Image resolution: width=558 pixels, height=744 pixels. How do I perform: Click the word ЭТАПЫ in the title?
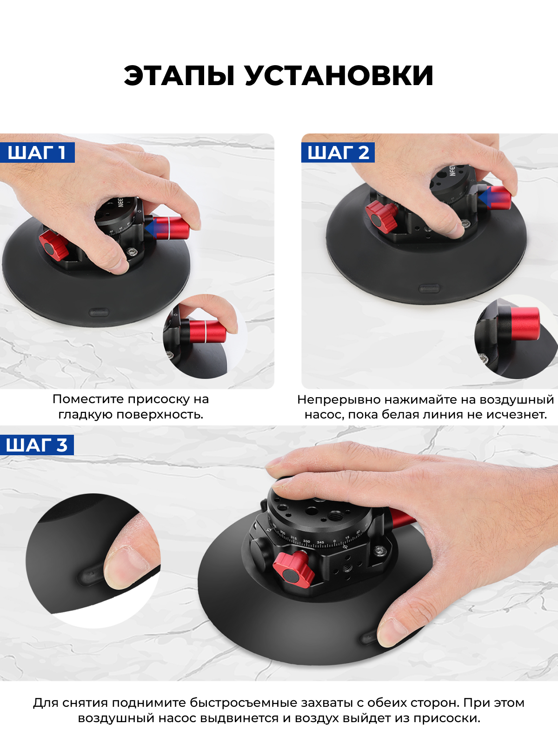click(179, 75)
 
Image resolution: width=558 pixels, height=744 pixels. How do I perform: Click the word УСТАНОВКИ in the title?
click(339, 75)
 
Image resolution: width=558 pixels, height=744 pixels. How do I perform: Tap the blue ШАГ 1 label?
click(37, 153)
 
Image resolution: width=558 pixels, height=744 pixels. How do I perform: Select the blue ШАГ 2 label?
click(338, 153)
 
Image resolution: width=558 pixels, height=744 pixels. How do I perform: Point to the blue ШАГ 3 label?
click(37, 445)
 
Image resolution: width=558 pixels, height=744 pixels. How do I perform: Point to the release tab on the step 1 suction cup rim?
click(99, 311)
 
